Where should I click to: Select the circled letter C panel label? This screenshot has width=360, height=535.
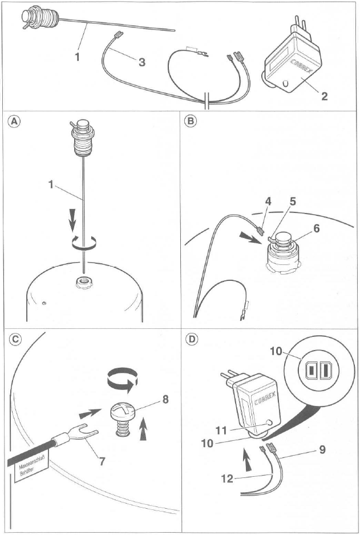click(x=14, y=339)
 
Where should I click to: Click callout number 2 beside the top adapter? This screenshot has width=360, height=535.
click(x=323, y=96)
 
